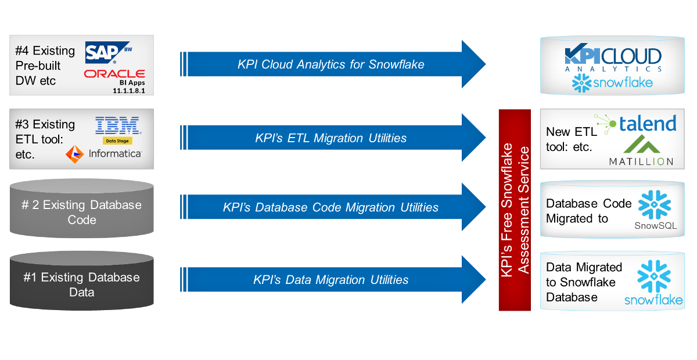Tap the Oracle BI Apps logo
click(x=114, y=80)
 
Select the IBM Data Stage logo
click(x=117, y=129)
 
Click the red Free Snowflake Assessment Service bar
click(x=515, y=210)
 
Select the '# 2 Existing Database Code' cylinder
click(x=82, y=212)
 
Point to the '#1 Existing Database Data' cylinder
click(x=82, y=285)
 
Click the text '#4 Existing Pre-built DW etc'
click(x=45, y=66)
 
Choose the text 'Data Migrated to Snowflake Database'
click(x=584, y=282)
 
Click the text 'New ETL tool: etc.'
click(x=571, y=139)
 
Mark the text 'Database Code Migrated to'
click(x=588, y=211)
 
